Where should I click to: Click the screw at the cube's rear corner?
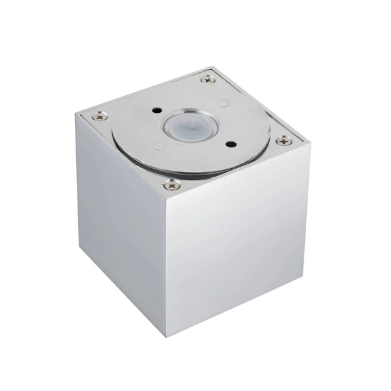[208, 79]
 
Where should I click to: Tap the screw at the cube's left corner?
[98, 117]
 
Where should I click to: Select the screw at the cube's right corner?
[283, 140]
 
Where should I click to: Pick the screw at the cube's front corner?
[171, 185]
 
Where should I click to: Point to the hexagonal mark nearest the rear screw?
[223, 103]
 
